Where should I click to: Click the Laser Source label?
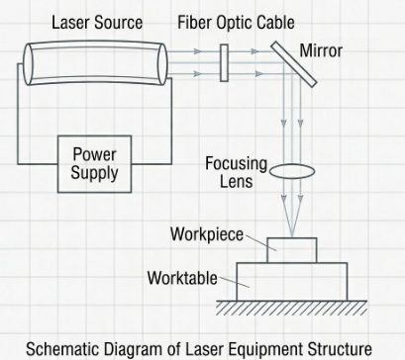(97, 23)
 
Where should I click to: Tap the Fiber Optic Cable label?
(236, 23)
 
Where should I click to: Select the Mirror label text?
(321, 50)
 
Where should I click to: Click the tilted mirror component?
(294, 64)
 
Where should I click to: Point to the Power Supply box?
(94, 164)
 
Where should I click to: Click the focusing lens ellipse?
(292, 171)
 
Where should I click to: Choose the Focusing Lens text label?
(236, 172)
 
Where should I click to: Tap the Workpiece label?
(207, 234)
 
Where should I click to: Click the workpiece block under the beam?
(292, 250)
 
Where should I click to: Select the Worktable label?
(182, 278)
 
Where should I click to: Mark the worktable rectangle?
(292, 282)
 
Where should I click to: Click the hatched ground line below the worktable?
(292, 308)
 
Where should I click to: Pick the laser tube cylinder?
(95, 63)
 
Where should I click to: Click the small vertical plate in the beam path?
(224, 63)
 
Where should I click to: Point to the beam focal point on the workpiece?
(292, 237)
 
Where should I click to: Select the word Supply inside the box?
(94, 172)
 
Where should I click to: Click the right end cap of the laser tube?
(162, 64)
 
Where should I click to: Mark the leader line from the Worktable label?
(235, 283)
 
